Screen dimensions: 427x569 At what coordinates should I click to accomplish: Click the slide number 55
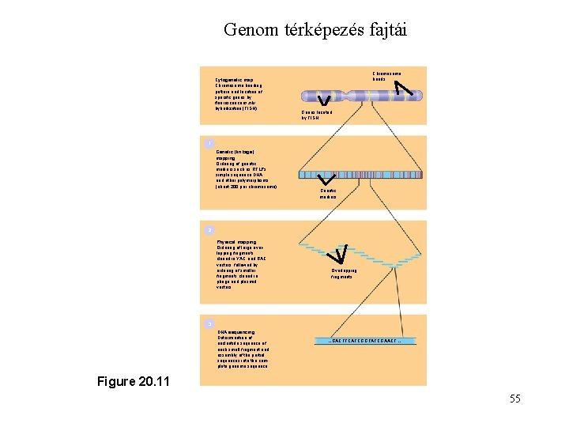pos(514,399)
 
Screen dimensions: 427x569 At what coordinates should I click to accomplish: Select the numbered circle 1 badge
pos(208,143)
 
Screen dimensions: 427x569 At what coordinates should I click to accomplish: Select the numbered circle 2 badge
pos(208,230)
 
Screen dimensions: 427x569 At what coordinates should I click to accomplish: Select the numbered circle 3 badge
pos(208,324)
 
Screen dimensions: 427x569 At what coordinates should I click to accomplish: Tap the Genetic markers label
pos(328,194)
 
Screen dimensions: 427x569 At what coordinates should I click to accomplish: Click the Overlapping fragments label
pos(344,274)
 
